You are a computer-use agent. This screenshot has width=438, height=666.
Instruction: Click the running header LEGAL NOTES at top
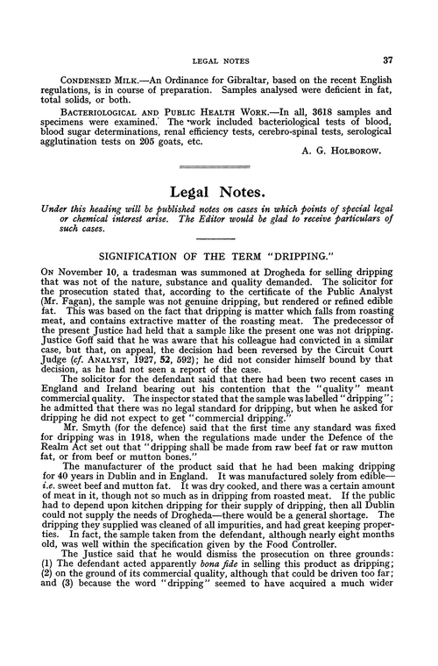pos(219,61)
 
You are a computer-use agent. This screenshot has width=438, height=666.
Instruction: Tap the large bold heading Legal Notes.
pos(219,215)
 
